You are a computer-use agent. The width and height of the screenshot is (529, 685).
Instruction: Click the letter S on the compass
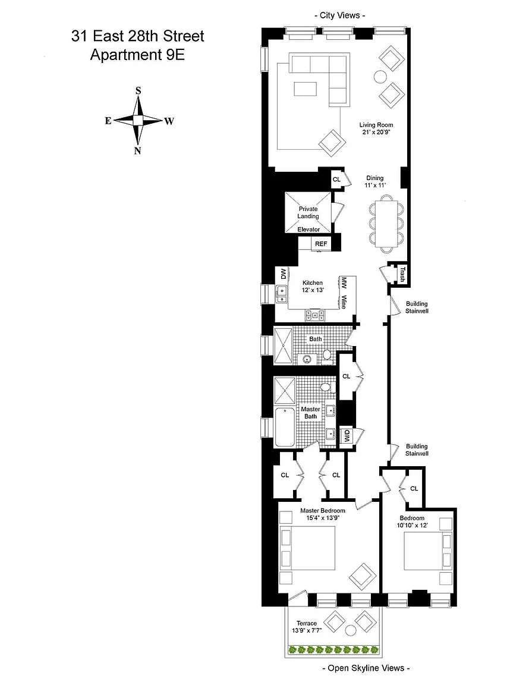(x=138, y=91)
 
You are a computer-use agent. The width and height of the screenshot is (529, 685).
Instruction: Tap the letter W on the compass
(x=169, y=121)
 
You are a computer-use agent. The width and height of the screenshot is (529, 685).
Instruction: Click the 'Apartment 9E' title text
(x=137, y=55)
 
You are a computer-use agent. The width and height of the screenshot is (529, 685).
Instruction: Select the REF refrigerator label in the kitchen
(x=321, y=244)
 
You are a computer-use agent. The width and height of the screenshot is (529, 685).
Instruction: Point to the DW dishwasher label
(x=283, y=274)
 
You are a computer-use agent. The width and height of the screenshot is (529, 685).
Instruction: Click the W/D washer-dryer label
(x=347, y=435)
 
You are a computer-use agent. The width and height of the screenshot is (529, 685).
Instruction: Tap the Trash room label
(x=402, y=274)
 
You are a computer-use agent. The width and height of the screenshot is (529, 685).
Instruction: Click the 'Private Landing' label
(x=308, y=212)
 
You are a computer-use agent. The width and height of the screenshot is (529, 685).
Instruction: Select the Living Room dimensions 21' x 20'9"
(x=376, y=132)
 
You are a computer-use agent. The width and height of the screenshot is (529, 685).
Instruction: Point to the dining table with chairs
(x=386, y=224)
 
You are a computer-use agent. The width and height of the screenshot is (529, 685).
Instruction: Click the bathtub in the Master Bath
(x=284, y=426)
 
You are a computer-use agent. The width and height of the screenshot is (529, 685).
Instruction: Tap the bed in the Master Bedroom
(x=307, y=549)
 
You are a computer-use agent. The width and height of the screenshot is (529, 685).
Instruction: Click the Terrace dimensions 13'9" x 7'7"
(x=307, y=630)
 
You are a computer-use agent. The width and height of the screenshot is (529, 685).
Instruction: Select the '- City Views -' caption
(x=340, y=15)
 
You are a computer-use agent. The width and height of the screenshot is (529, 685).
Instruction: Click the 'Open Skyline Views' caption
(x=366, y=668)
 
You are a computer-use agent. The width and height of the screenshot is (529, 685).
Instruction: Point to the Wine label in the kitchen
(x=344, y=302)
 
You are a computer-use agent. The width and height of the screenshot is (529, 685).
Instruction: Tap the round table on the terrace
(x=351, y=630)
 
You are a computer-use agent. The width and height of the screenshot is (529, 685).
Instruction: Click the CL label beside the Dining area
(x=336, y=180)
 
